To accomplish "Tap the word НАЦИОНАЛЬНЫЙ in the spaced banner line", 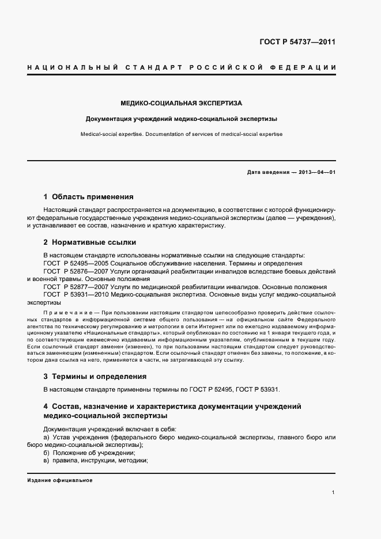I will click(x=64, y=68).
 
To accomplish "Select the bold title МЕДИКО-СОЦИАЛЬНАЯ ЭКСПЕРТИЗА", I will click(x=181, y=103).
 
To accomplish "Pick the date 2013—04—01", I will click(x=316, y=173).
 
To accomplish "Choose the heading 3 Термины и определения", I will click(x=95, y=376).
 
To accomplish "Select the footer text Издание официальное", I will click(x=59, y=480).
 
